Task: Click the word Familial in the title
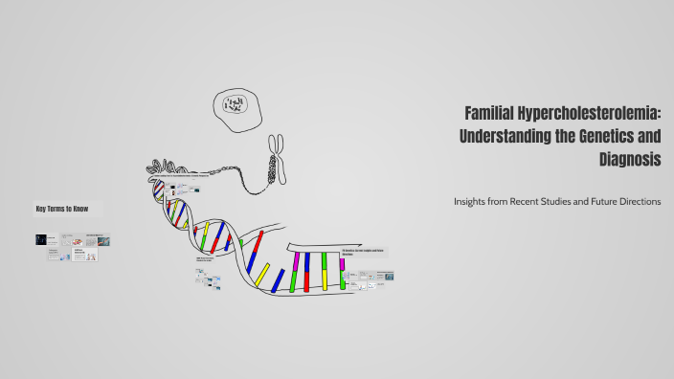pyautogui.click(x=491, y=114)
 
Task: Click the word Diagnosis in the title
pyautogui.click(x=629, y=160)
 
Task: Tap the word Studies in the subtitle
pyautogui.click(x=559, y=201)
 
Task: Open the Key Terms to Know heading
pyautogui.click(x=62, y=209)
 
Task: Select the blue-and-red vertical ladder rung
pyautogui.click(x=306, y=272)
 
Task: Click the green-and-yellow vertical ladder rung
pyautogui.click(x=325, y=271)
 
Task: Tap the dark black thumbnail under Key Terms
pyautogui.click(x=41, y=239)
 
